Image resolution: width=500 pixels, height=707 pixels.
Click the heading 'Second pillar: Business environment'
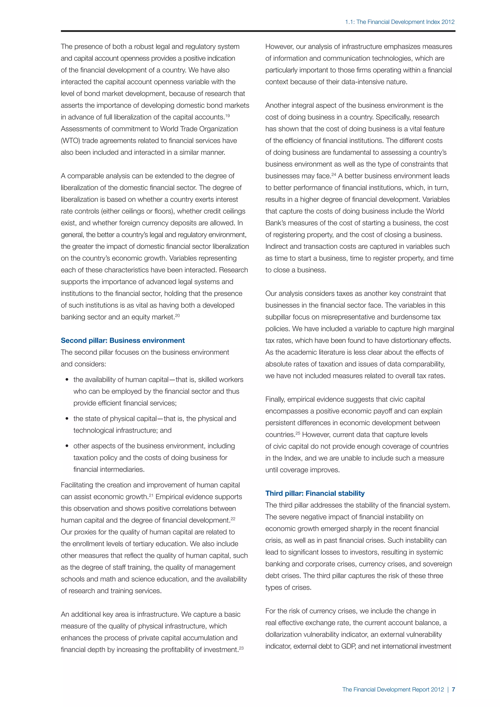point(123,340)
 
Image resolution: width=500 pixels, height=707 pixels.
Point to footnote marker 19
point(228,115)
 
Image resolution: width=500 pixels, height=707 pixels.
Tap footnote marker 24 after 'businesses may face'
point(334,174)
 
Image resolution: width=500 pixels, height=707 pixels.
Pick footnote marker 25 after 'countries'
point(298,433)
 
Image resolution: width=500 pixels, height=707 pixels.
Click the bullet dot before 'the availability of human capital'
point(67,380)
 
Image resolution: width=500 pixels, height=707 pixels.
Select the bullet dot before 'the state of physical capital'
point(67,419)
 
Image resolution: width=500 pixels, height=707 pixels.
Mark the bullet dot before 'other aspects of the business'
point(67,447)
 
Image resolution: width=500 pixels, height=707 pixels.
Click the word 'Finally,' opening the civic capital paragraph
point(276,399)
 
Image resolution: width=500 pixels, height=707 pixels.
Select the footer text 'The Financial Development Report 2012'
point(393,689)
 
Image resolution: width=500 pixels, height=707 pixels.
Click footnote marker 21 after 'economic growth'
point(151,495)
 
